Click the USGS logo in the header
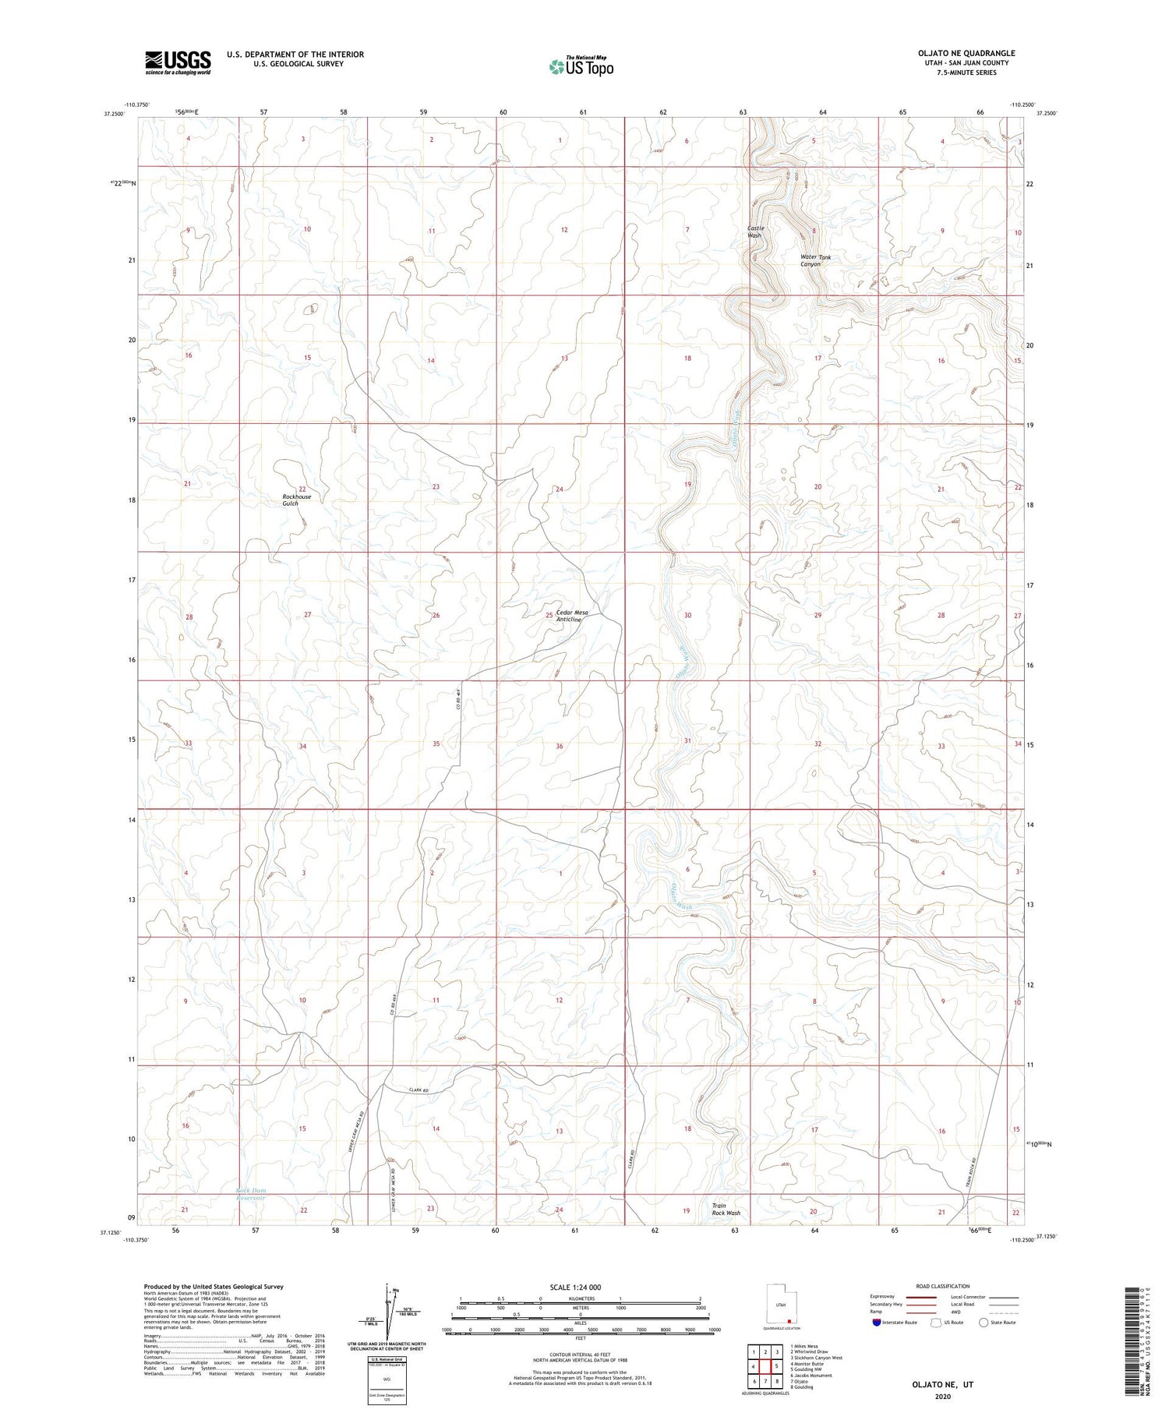(x=178, y=62)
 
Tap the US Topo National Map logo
(x=581, y=66)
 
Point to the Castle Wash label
(x=755, y=231)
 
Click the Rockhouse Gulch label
(x=296, y=500)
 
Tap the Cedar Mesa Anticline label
(x=572, y=616)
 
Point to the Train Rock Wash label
(x=726, y=1209)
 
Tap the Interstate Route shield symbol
(x=877, y=1323)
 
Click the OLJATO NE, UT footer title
(x=942, y=1385)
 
